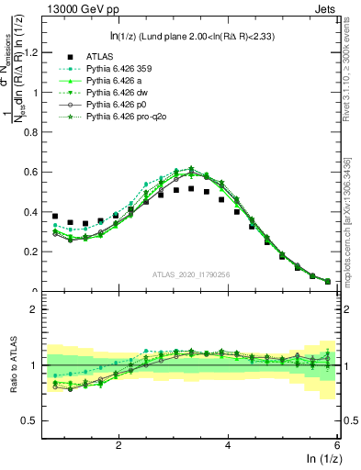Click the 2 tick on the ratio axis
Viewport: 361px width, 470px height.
click(x=34, y=309)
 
